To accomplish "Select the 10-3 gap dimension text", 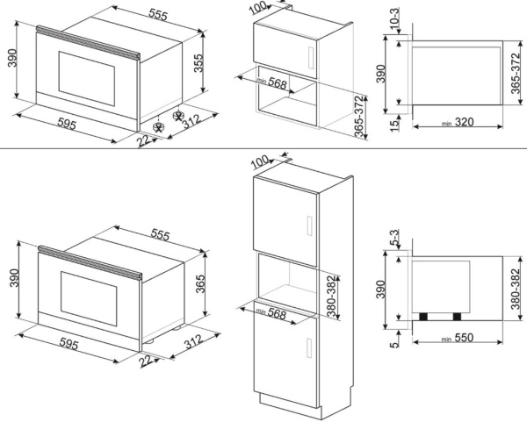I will click(x=393, y=18).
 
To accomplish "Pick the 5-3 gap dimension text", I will click(x=394, y=237).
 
